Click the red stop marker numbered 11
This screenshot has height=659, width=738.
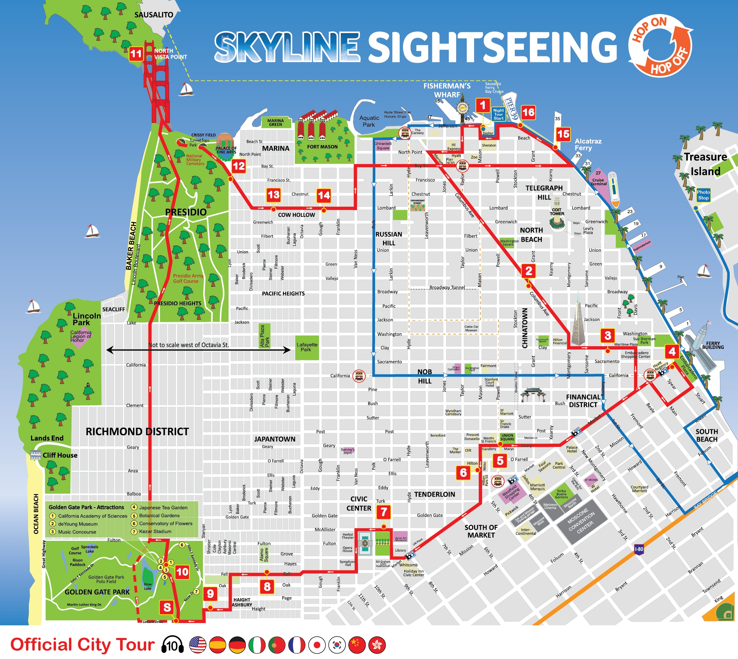point(136,54)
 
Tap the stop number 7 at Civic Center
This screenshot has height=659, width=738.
point(384,512)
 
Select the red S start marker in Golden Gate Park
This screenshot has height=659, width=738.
point(167,607)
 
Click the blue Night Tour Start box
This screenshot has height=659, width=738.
point(498,114)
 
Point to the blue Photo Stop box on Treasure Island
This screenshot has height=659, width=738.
point(703,195)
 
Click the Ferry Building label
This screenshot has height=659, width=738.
point(713,345)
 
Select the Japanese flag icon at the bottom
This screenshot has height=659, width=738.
point(317,645)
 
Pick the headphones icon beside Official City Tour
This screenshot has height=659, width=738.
point(172,645)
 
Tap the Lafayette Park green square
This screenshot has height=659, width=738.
point(307,347)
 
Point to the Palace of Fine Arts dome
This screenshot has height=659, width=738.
point(225,141)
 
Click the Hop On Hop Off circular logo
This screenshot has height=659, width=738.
point(661,45)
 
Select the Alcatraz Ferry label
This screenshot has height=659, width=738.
point(588,144)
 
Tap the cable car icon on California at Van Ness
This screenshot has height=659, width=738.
point(359,376)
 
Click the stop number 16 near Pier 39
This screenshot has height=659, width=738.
point(528,113)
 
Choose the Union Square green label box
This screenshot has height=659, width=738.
point(507,437)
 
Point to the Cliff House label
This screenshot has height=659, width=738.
point(60,455)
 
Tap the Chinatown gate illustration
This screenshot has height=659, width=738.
point(532,395)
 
